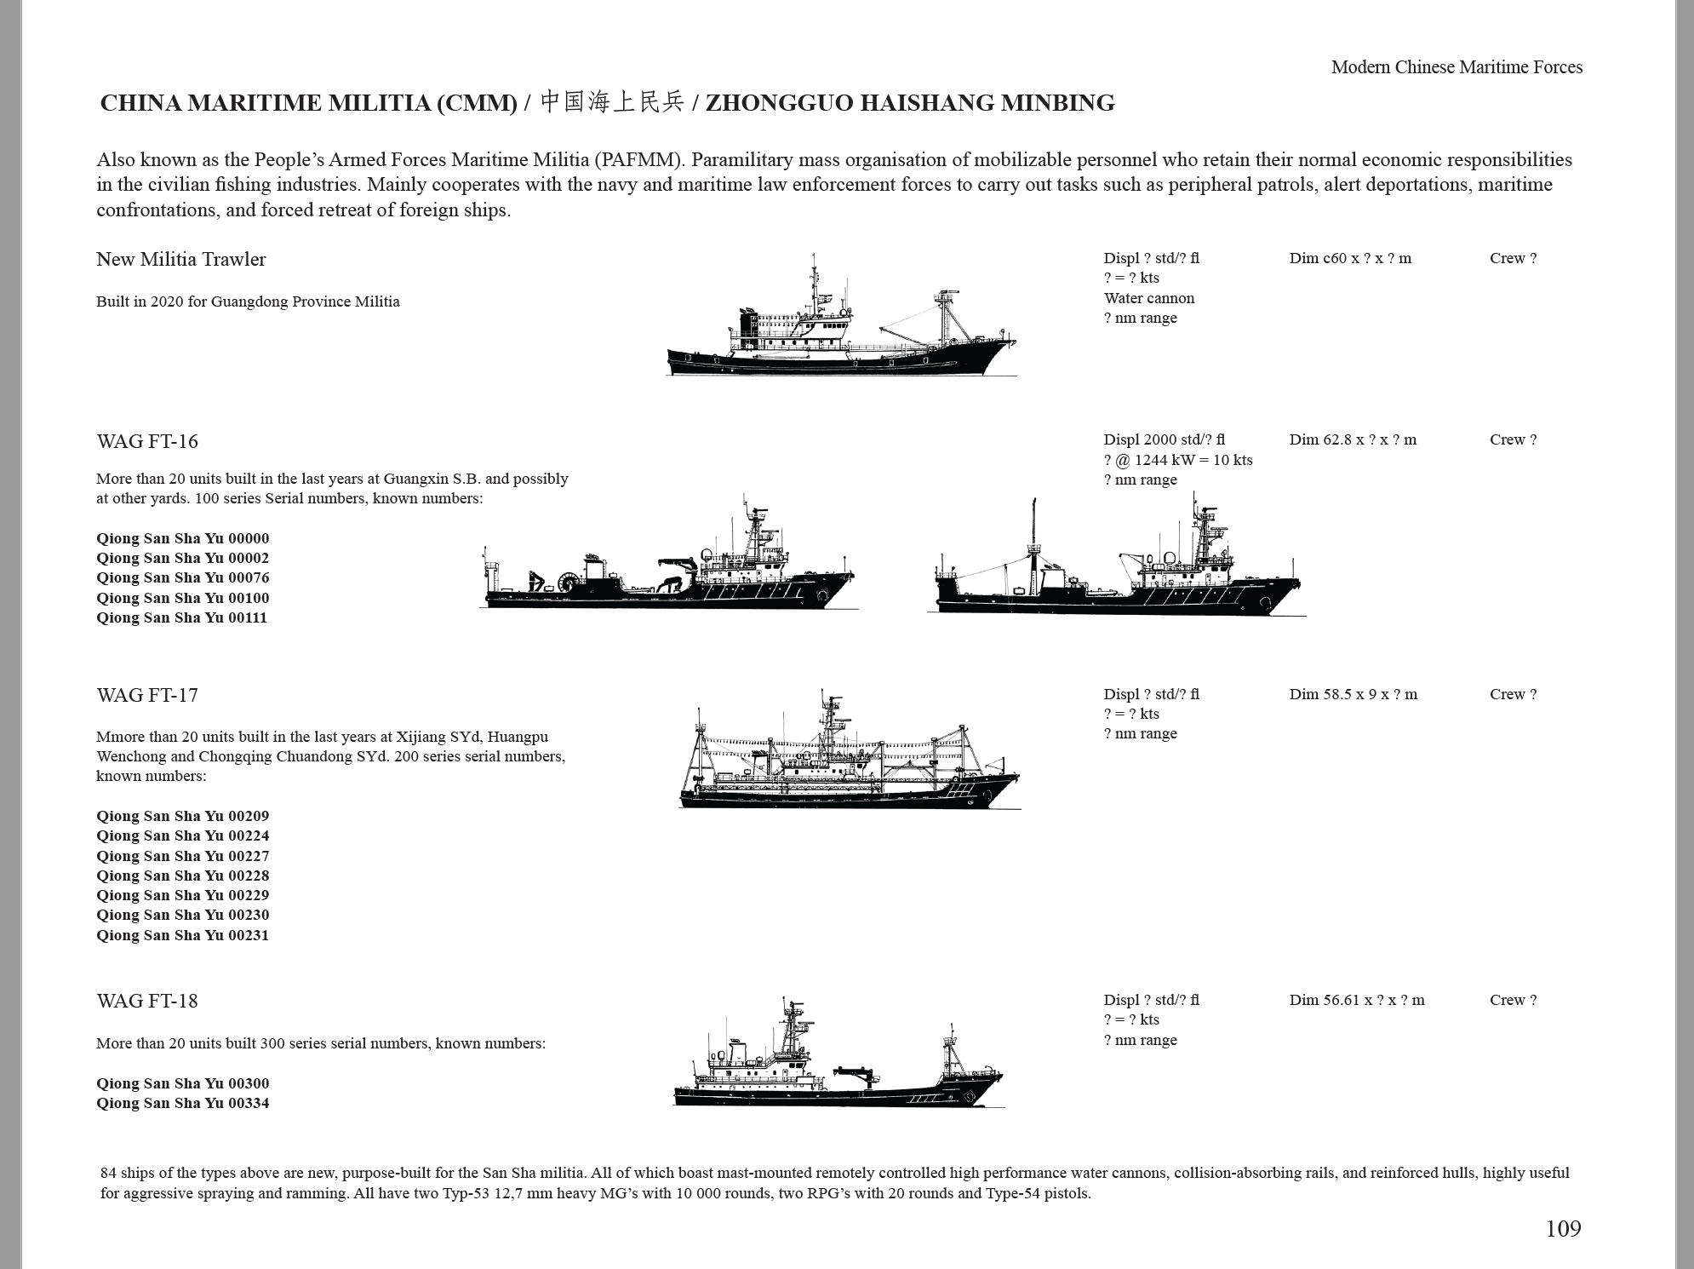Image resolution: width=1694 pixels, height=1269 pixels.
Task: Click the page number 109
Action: click(1563, 1228)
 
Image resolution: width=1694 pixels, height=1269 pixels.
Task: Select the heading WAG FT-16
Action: click(147, 441)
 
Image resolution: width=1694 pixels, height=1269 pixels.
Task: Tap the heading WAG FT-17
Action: click(147, 695)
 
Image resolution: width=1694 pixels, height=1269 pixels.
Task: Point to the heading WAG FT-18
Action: click(147, 1001)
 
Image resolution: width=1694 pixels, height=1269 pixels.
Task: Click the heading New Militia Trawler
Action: click(181, 259)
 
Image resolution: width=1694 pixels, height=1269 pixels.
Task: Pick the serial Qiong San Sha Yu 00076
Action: click(183, 577)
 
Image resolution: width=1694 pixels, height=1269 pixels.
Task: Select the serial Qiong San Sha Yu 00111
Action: click(182, 617)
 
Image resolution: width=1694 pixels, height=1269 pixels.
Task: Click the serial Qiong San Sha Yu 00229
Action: click(183, 895)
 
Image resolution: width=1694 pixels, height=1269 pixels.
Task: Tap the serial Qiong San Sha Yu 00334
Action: click(183, 1103)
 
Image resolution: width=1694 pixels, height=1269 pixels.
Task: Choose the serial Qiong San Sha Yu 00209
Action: click(183, 816)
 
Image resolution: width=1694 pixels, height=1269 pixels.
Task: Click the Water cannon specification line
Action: click(1149, 298)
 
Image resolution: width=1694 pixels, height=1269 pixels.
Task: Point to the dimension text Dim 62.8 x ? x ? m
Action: click(1353, 439)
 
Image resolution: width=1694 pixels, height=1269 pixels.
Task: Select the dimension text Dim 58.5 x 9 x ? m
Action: click(1353, 694)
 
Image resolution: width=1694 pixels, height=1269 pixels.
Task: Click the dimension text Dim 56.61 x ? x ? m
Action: click(1357, 1000)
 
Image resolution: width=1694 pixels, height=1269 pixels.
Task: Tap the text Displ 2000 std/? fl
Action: click(1165, 439)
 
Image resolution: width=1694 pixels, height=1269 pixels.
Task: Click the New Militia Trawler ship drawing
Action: click(841, 315)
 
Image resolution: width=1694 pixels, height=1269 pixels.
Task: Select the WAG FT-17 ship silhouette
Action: click(850, 749)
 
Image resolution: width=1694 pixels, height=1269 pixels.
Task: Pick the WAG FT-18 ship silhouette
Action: click(838, 1053)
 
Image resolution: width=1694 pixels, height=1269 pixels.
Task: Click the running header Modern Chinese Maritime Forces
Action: click(1456, 67)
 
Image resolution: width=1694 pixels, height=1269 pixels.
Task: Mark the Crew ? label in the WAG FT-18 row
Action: click(1514, 1000)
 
